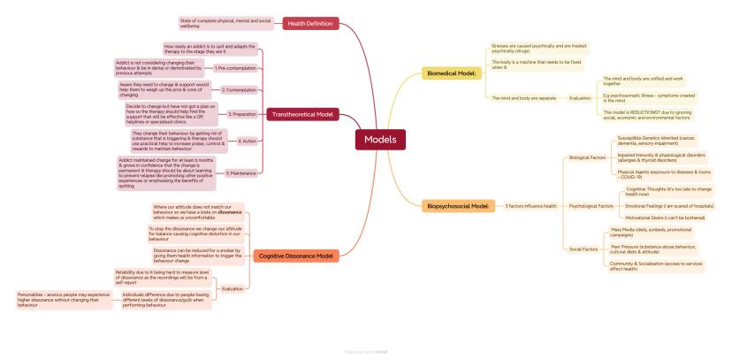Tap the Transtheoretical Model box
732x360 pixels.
(302, 114)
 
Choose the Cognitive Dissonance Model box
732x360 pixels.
(295, 256)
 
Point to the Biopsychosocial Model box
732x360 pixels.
(459, 205)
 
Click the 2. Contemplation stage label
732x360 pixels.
(238, 89)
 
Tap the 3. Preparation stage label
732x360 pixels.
(241, 114)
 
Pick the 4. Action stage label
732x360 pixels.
(247, 141)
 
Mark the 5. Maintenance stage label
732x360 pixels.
(240, 172)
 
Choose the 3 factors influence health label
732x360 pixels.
(530, 205)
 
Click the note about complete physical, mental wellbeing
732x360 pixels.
(225, 23)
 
